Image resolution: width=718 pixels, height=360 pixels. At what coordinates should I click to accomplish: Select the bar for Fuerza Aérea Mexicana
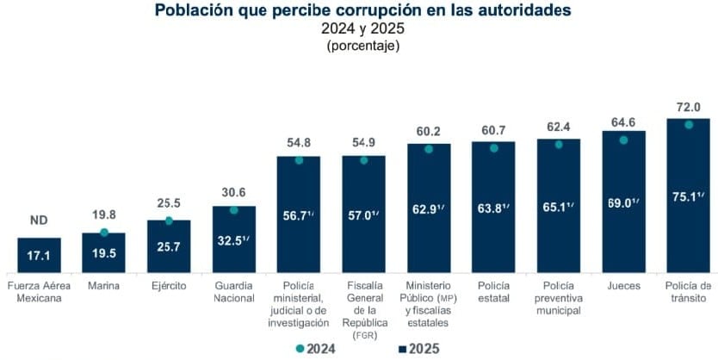39,254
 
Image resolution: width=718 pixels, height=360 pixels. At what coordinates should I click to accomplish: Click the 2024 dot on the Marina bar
104,233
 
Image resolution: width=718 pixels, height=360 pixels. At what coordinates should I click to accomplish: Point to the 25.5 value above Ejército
169,204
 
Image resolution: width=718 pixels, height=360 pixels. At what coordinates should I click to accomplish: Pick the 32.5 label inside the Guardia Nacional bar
233,240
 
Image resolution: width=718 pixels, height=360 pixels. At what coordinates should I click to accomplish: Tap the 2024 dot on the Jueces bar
623,140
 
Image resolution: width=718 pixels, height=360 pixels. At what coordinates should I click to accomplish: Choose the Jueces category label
623,285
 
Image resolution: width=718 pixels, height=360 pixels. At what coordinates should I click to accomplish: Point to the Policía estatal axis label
493,291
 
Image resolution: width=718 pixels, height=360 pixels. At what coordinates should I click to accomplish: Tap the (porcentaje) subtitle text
362,46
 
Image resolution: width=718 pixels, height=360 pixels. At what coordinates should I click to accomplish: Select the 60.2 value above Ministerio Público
428,131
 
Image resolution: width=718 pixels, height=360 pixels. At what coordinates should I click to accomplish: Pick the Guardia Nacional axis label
233,291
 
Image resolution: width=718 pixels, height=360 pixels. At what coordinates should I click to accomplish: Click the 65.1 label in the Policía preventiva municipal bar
559,208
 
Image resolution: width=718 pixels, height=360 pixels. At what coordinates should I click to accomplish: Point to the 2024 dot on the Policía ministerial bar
299,159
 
